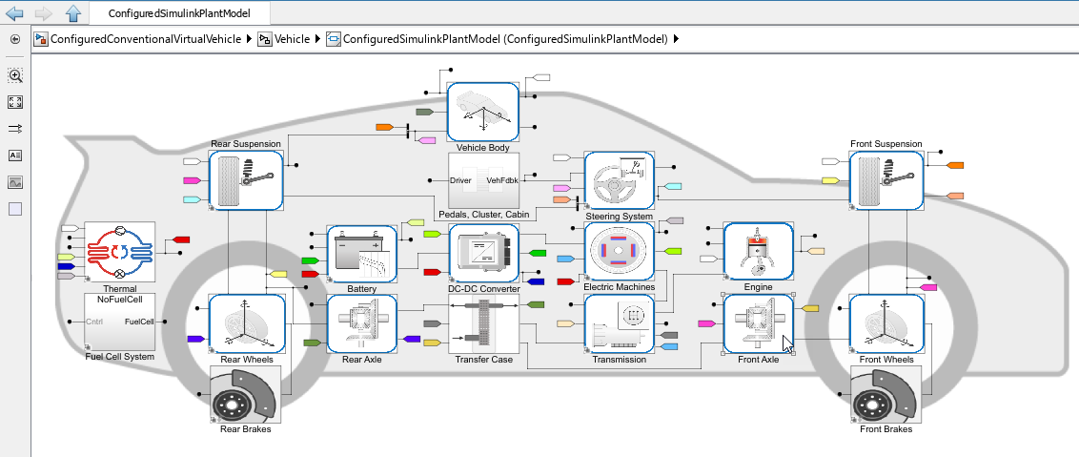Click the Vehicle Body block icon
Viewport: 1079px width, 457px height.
pos(483,111)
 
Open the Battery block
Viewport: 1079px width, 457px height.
pos(361,254)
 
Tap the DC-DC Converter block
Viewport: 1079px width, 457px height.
pos(483,253)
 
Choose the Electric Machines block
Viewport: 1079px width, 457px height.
pos(619,251)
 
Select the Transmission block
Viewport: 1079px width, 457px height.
pos(619,323)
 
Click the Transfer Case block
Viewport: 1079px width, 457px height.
pos(483,324)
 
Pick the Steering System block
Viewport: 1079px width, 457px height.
pos(619,179)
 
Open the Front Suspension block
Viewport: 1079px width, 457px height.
pos(886,179)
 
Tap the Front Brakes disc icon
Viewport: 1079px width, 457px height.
pos(886,394)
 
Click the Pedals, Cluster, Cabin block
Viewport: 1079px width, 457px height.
pos(483,179)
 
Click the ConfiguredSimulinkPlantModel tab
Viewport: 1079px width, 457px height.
pos(180,13)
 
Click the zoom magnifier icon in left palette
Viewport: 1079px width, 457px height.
pos(15,75)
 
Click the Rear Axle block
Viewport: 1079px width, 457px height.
pos(361,323)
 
